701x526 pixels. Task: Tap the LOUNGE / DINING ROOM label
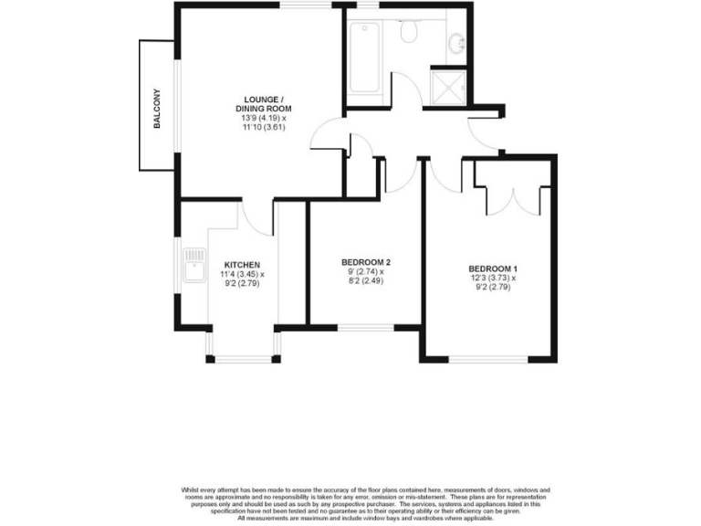coord(264,104)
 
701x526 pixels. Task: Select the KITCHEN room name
coord(243,265)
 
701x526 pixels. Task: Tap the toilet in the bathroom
coord(409,33)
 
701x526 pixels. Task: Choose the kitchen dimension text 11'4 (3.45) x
coord(242,274)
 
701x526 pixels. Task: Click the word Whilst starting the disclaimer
coord(194,490)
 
